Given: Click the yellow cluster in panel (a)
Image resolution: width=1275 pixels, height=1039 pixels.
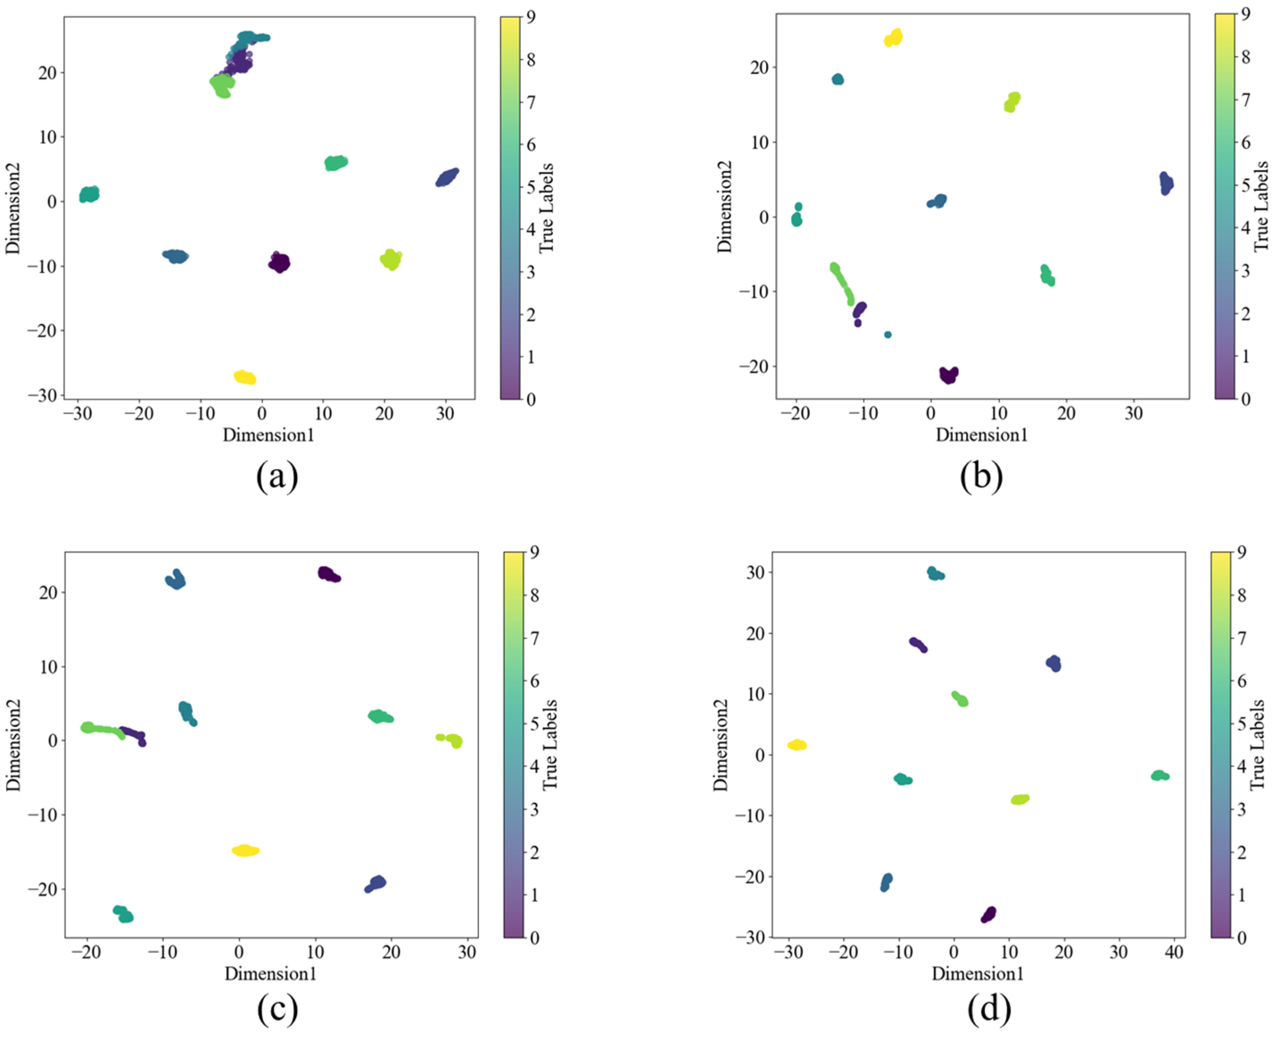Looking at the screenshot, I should click(x=245, y=377).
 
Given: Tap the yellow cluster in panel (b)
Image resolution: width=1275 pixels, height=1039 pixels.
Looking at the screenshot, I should click(x=893, y=38).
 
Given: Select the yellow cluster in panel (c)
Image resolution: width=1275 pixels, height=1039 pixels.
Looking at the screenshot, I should click(x=245, y=850).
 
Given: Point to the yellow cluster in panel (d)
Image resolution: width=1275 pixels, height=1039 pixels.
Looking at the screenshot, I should click(x=797, y=745).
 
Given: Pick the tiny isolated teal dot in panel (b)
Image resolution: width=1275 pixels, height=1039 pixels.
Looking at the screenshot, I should click(x=887, y=335).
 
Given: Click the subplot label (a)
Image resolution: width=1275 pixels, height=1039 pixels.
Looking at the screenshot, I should click(x=276, y=476).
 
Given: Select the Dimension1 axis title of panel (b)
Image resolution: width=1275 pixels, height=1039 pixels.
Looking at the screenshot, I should click(x=982, y=435).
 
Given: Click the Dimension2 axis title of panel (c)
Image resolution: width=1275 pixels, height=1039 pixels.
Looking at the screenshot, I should click(x=13, y=745).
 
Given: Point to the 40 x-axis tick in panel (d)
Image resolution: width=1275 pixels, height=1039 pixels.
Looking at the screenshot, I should click(x=1174, y=952).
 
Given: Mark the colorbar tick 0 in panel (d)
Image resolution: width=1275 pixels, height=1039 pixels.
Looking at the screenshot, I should click(x=1242, y=937).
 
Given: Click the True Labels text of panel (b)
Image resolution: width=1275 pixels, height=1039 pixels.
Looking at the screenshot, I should click(x=1261, y=206).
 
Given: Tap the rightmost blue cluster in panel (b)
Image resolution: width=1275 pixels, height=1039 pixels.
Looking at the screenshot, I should click(x=1165, y=183).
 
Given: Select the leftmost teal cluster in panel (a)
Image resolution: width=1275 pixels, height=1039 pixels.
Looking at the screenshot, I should click(x=89, y=194).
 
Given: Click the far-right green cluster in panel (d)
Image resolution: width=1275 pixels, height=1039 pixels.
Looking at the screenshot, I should click(x=1160, y=776).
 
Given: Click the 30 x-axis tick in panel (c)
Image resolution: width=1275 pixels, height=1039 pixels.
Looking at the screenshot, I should click(x=467, y=952).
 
